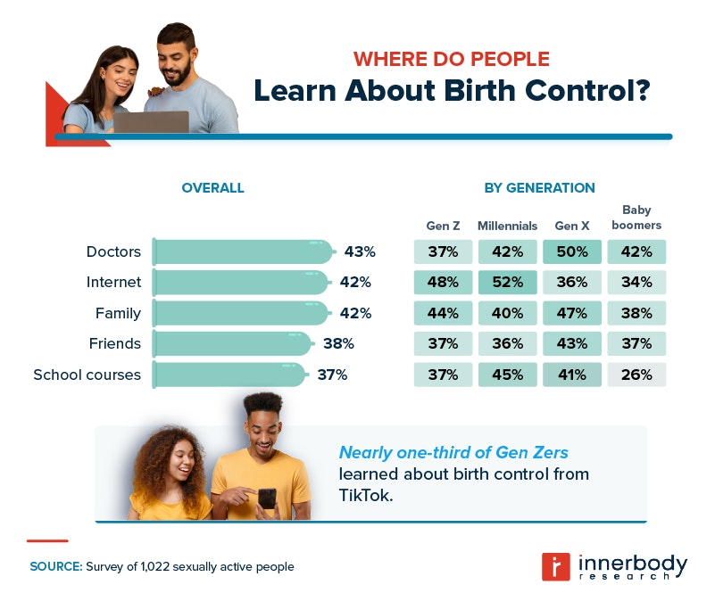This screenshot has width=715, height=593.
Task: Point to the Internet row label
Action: click(x=113, y=283)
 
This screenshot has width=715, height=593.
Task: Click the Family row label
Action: click(x=118, y=313)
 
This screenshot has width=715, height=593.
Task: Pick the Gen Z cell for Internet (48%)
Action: click(x=443, y=283)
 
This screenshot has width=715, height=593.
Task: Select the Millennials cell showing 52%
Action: click(x=507, y=283)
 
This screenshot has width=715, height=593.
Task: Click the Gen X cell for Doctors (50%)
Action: click(x=572, y=252)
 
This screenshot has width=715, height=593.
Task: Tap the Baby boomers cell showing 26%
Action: click(x=636, y=375)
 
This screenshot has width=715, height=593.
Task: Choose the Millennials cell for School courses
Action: click(x=507, y=375)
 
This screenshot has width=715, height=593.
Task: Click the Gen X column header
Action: click(x=572, y=226)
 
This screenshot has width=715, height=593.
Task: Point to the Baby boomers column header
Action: click(x=636, y=218)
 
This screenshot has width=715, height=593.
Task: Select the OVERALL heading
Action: click(x=212, y=188)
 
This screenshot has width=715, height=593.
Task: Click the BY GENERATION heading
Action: click(x=539, y=188)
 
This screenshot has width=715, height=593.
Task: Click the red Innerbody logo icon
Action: click(x=556, y=566)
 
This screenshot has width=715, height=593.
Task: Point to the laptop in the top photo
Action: click(x=151, y=122)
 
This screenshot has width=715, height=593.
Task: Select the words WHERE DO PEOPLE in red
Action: click(x=451, y=60)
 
